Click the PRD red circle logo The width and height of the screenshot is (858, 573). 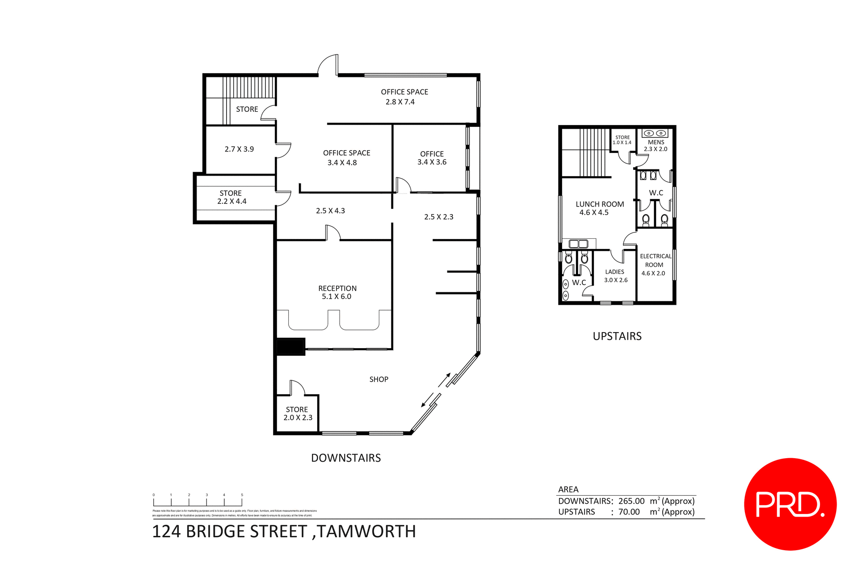tap(790, 504)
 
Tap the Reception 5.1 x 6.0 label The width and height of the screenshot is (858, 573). tap(337, 292)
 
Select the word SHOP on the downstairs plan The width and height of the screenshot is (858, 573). tap(379, 379)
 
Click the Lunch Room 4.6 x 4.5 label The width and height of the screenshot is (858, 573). tap(599, 208)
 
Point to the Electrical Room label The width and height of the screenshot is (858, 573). tap(655, 264)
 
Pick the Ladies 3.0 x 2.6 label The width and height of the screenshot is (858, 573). tap(615, 276)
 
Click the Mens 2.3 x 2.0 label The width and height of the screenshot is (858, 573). tap(656, 145)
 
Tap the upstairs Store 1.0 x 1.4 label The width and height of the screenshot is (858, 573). tap(622, 140)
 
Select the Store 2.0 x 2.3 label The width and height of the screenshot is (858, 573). tap(297, 413)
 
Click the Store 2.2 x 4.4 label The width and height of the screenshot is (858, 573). tap(231, 197)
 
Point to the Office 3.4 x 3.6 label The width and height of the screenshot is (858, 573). tap(432, 158)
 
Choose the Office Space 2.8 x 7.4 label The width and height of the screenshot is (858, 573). tap(404, 97)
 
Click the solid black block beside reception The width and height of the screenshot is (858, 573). tap(290, 347)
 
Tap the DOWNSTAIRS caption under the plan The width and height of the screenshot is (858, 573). tap(346, 458)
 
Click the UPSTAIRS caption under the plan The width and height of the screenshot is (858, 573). tap(617, 336)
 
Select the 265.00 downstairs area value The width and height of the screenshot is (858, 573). tap(631, 501)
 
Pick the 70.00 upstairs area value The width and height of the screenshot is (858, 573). tap(629, 512)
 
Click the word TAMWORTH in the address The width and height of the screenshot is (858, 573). tap(366, 531)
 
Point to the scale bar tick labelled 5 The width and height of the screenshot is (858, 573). tap(242, 495)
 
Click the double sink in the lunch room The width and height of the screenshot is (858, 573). tap(578, 244)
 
